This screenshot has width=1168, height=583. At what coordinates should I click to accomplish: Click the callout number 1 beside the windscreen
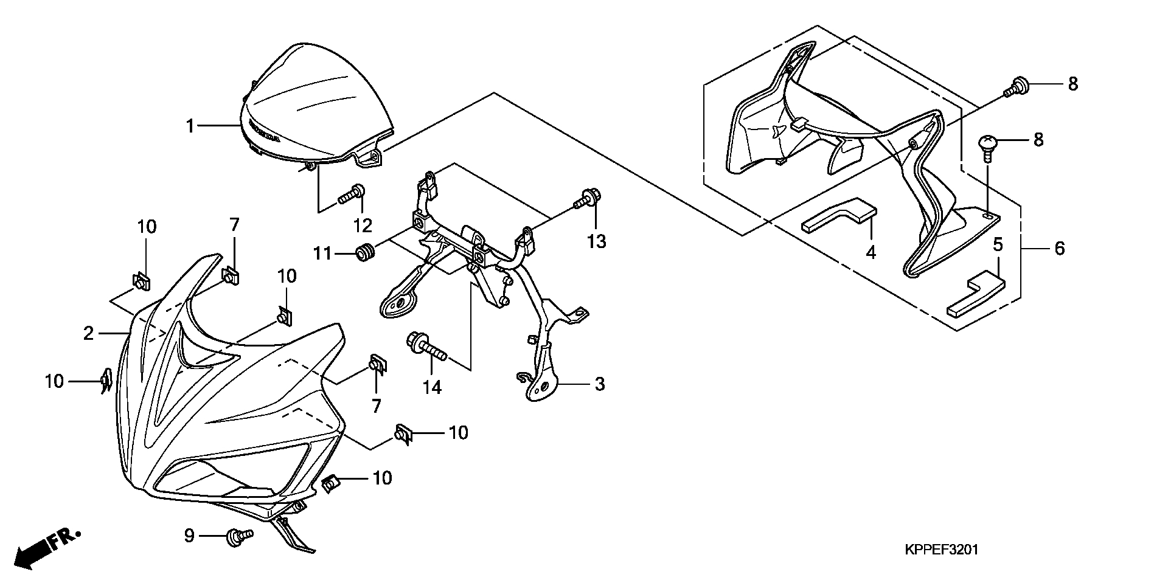pos(190,126)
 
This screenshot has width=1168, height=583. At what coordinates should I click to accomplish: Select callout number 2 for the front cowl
pos(89,333)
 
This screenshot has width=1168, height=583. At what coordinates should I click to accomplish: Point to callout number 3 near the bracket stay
pos(600,384)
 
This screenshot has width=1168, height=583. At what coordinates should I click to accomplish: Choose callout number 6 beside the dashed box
pos(1060,248)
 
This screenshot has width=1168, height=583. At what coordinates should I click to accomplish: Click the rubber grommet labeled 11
pos(365,252)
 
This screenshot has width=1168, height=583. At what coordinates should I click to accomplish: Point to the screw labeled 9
pos(239,536)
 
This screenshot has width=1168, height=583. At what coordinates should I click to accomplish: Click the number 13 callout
pos(597,241)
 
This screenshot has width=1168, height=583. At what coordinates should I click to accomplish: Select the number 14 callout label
pos(432,387)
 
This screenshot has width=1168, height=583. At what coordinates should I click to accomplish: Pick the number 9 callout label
pos(189,536)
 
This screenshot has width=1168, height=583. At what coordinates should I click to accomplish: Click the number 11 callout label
pos(323,252)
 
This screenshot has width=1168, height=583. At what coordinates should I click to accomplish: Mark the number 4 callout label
pos(871,252)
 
